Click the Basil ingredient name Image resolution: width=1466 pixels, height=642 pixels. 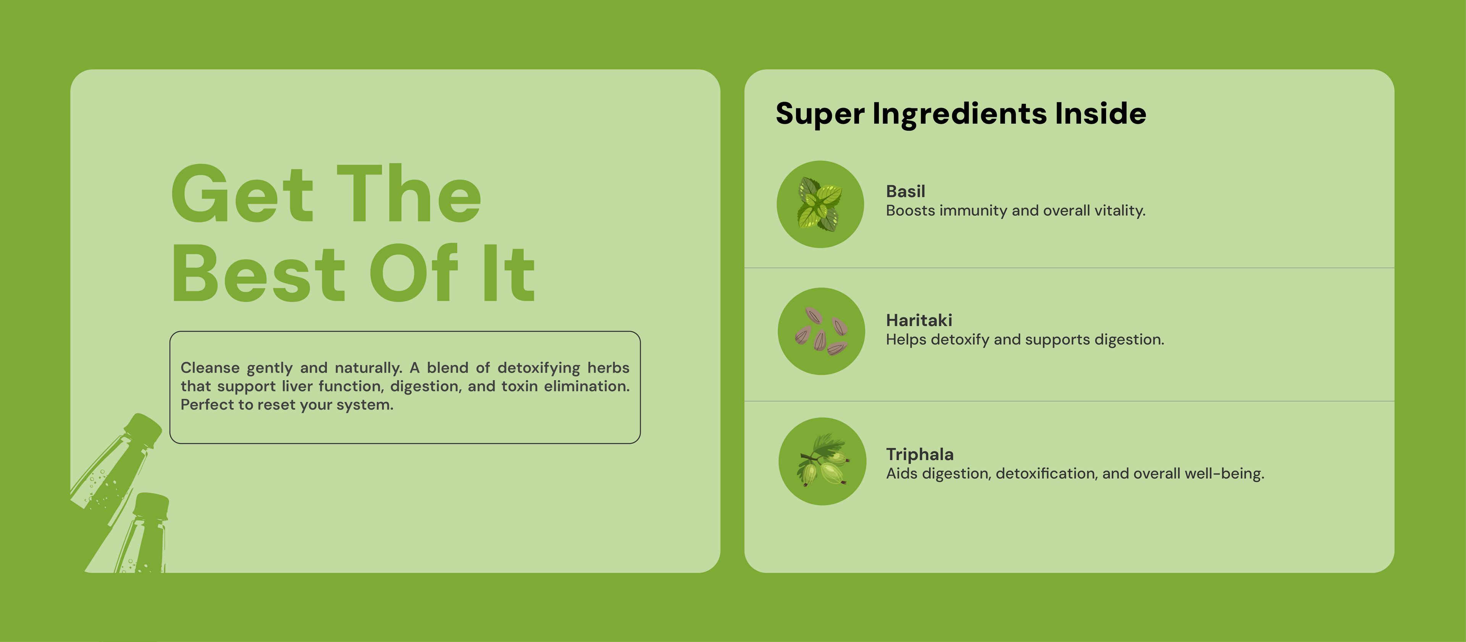(x=906, y=191)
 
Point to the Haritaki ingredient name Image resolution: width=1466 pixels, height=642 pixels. (x=919, y=320)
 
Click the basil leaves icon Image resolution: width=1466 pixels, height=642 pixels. (x=820, y=204)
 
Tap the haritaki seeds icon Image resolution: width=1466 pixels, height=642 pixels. (x=821, y=331)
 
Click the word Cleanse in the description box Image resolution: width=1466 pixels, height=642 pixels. (x=210, y=368)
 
